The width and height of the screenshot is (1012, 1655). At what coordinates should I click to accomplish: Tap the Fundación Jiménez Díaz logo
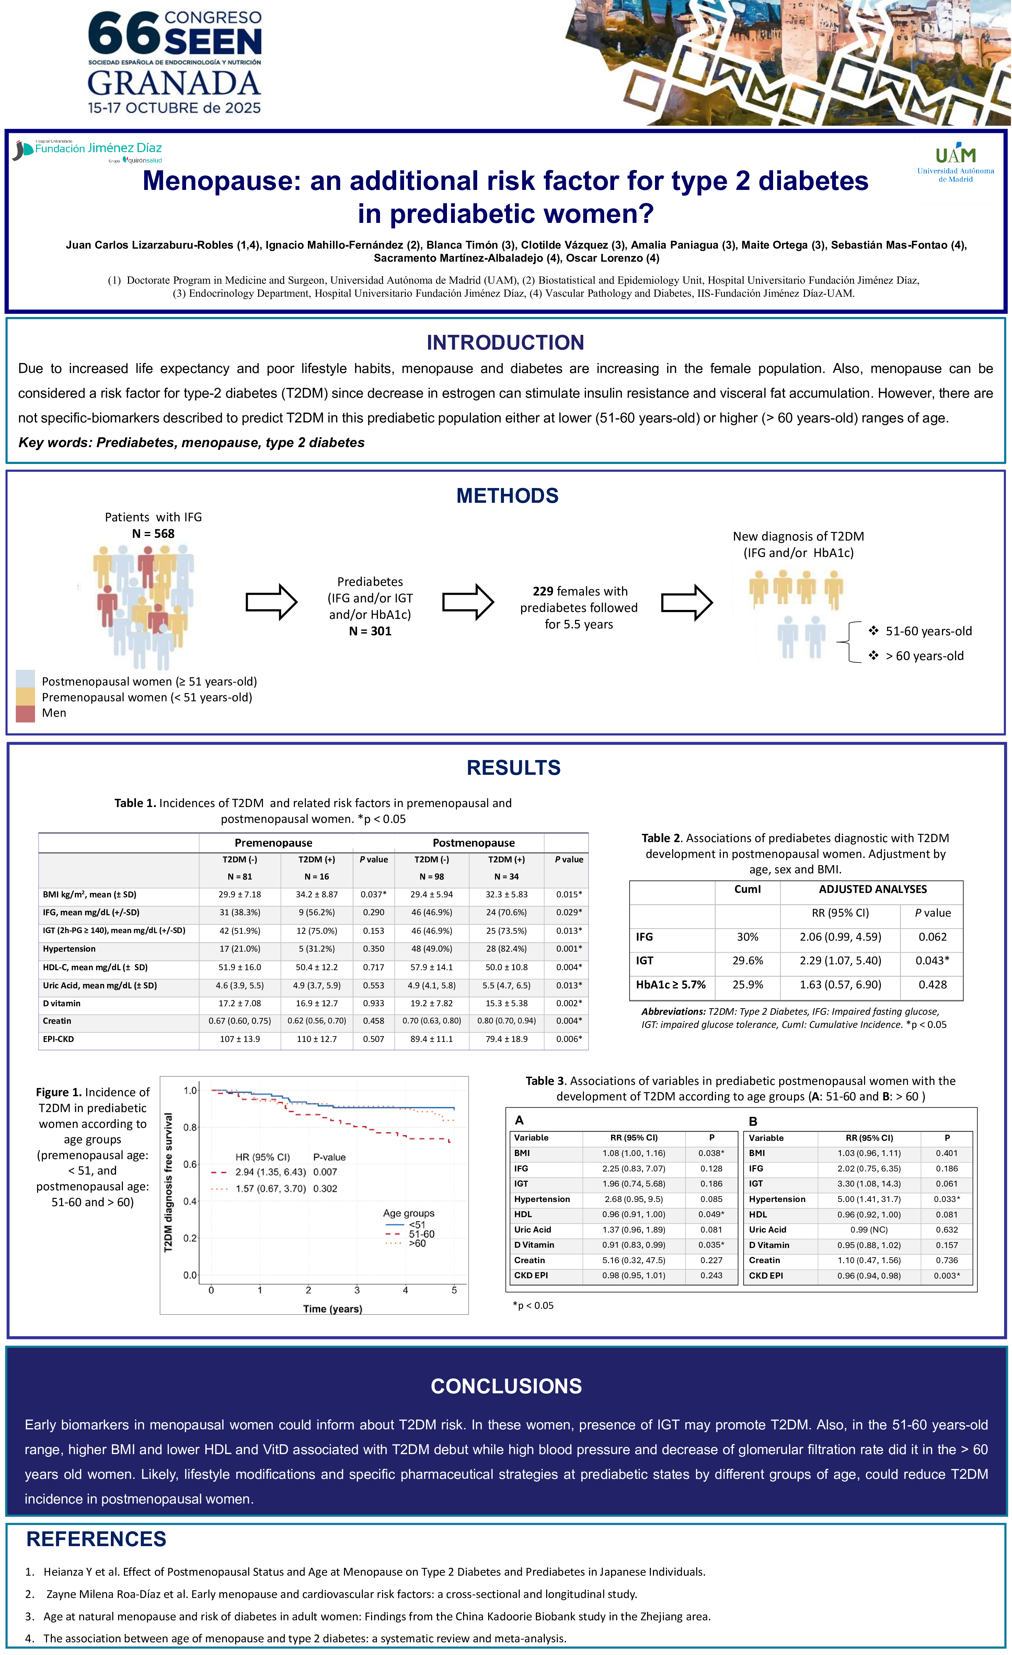coord(89,150)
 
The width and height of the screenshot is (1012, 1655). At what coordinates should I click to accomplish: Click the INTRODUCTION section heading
coord(505,342)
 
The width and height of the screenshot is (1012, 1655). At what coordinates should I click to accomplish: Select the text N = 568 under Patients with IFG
coord(153,534)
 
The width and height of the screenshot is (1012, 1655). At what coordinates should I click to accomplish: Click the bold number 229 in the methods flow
coord(543,591)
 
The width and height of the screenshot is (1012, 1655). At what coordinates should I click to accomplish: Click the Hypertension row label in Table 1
coord(69,949)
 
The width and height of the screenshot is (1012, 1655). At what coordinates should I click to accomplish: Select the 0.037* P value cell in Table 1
coord(373,895)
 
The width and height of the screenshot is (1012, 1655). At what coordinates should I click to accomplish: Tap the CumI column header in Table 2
coord(747,889)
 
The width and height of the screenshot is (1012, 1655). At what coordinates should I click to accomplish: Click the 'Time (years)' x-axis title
coord(332,1309)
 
